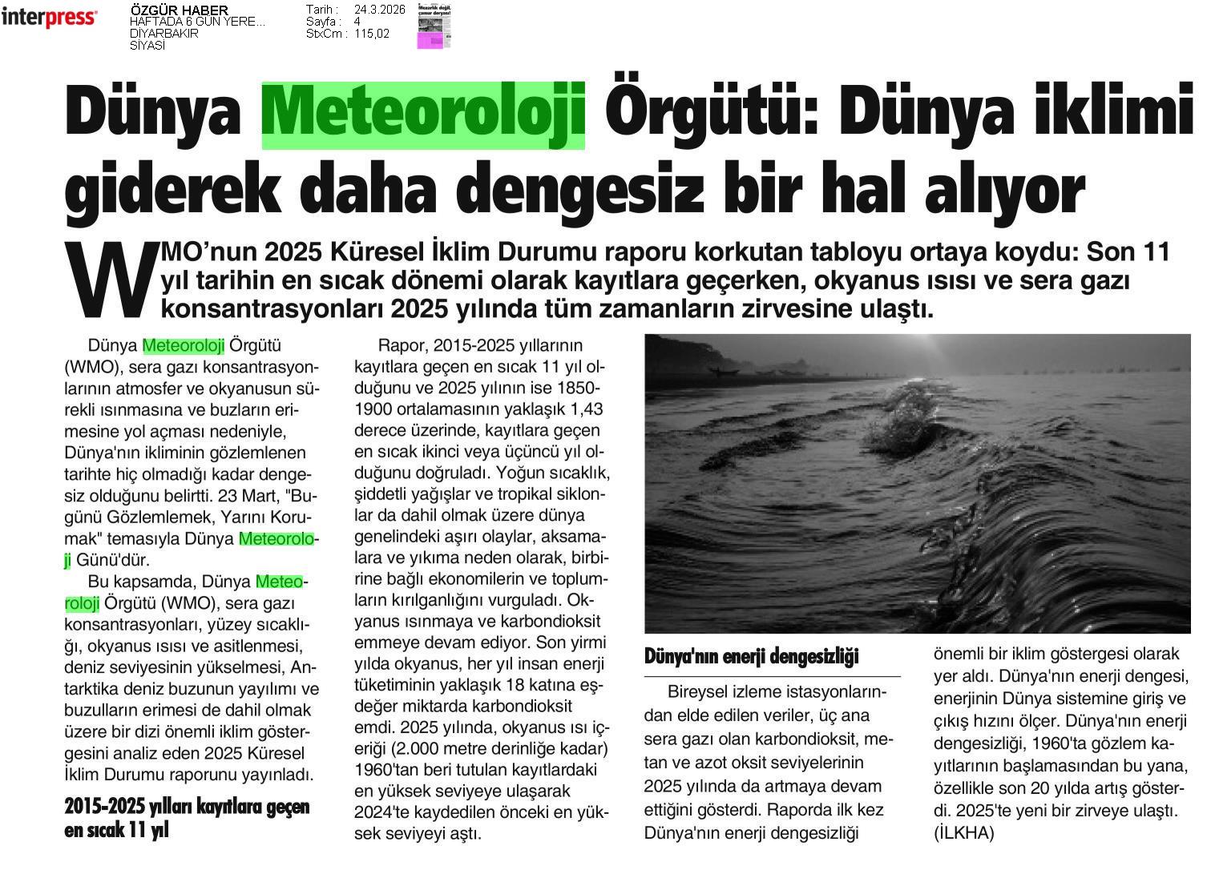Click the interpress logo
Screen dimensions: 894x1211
tap(49, 17)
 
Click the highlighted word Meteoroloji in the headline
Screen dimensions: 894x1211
tap(423, 115)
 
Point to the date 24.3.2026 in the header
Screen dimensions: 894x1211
tap(379, 10)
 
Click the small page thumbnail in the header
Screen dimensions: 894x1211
tap(434, 26)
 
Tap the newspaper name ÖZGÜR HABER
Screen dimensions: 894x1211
tap(179, 10)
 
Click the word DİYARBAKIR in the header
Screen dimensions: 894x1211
tap(164, 34)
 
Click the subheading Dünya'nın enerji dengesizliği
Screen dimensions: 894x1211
tap(751, 657)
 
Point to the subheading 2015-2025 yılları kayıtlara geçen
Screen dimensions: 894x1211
tap(187, 807)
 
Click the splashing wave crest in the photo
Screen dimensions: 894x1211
tap(906, 417)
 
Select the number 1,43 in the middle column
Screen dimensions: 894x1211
tap(585, 409)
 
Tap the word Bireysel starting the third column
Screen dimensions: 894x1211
tap(699, 691)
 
